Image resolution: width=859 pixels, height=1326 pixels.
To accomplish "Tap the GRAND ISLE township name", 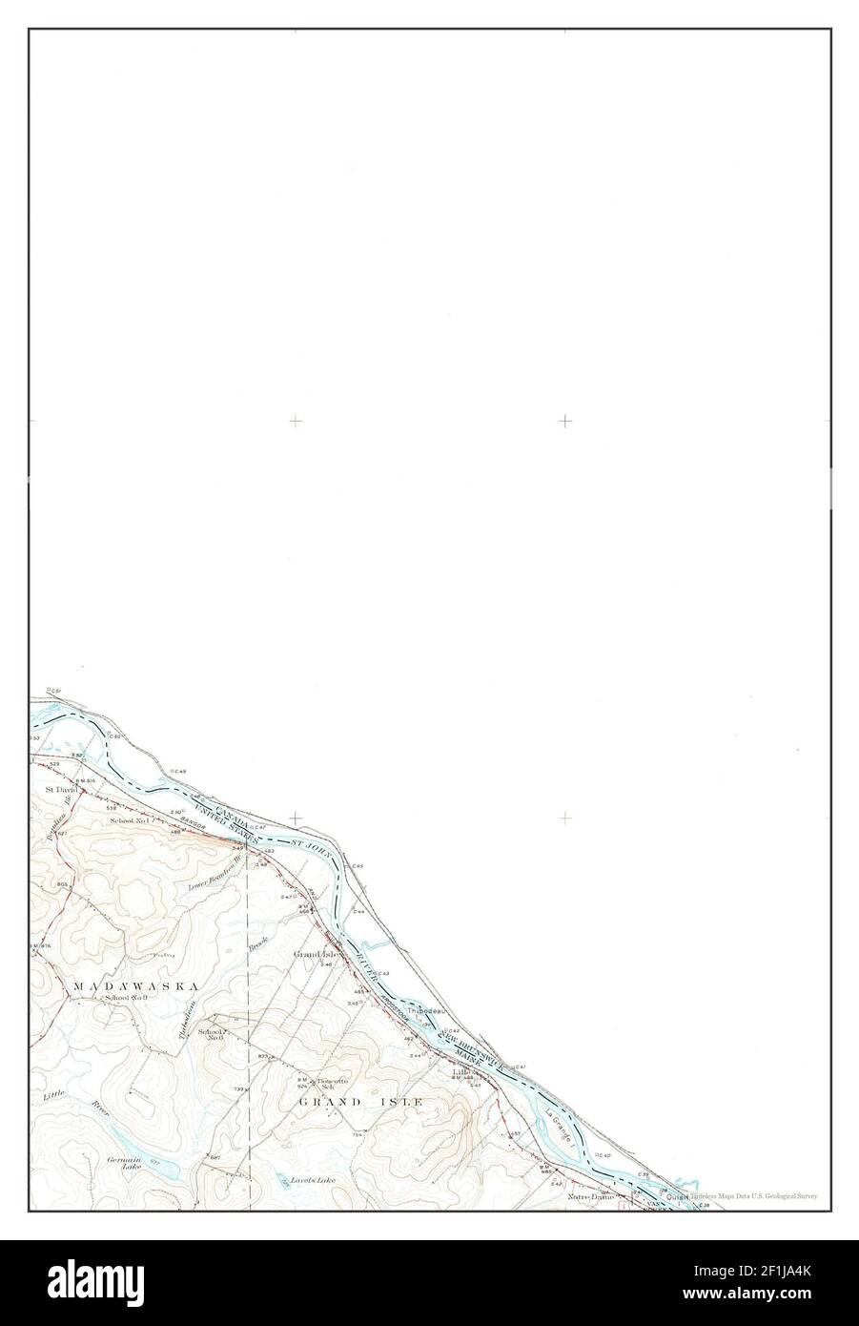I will tap(360, 1101).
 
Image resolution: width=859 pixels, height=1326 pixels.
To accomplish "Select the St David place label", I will tap(61, 790).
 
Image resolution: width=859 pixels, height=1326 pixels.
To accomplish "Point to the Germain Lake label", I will tap(125, 1164).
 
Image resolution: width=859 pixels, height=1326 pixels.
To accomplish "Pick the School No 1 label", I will tap(129, 820).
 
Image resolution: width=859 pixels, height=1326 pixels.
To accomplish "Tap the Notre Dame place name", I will tap(587, 1195).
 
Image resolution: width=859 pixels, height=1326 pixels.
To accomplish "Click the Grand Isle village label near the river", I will tap(317, 954).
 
